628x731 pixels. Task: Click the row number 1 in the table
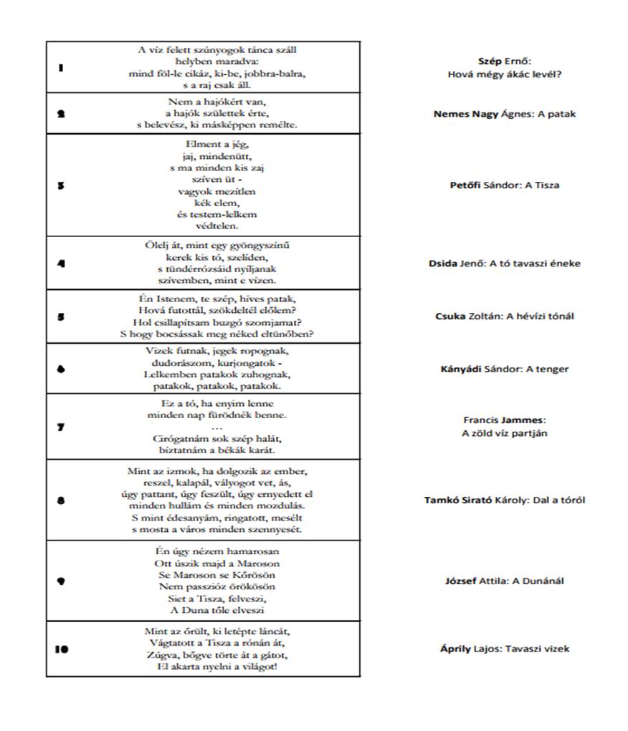pyautogui.click(x=61, y=68)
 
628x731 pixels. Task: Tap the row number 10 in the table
pyautogui.click(x=62, y=649)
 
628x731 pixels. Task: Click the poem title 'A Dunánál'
pyautogui.click(x=538, y=581)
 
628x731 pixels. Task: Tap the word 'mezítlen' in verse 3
pyautogui.click(x=227, y=191)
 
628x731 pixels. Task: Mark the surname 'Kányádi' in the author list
pyautogui.click(x=461, y=369)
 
